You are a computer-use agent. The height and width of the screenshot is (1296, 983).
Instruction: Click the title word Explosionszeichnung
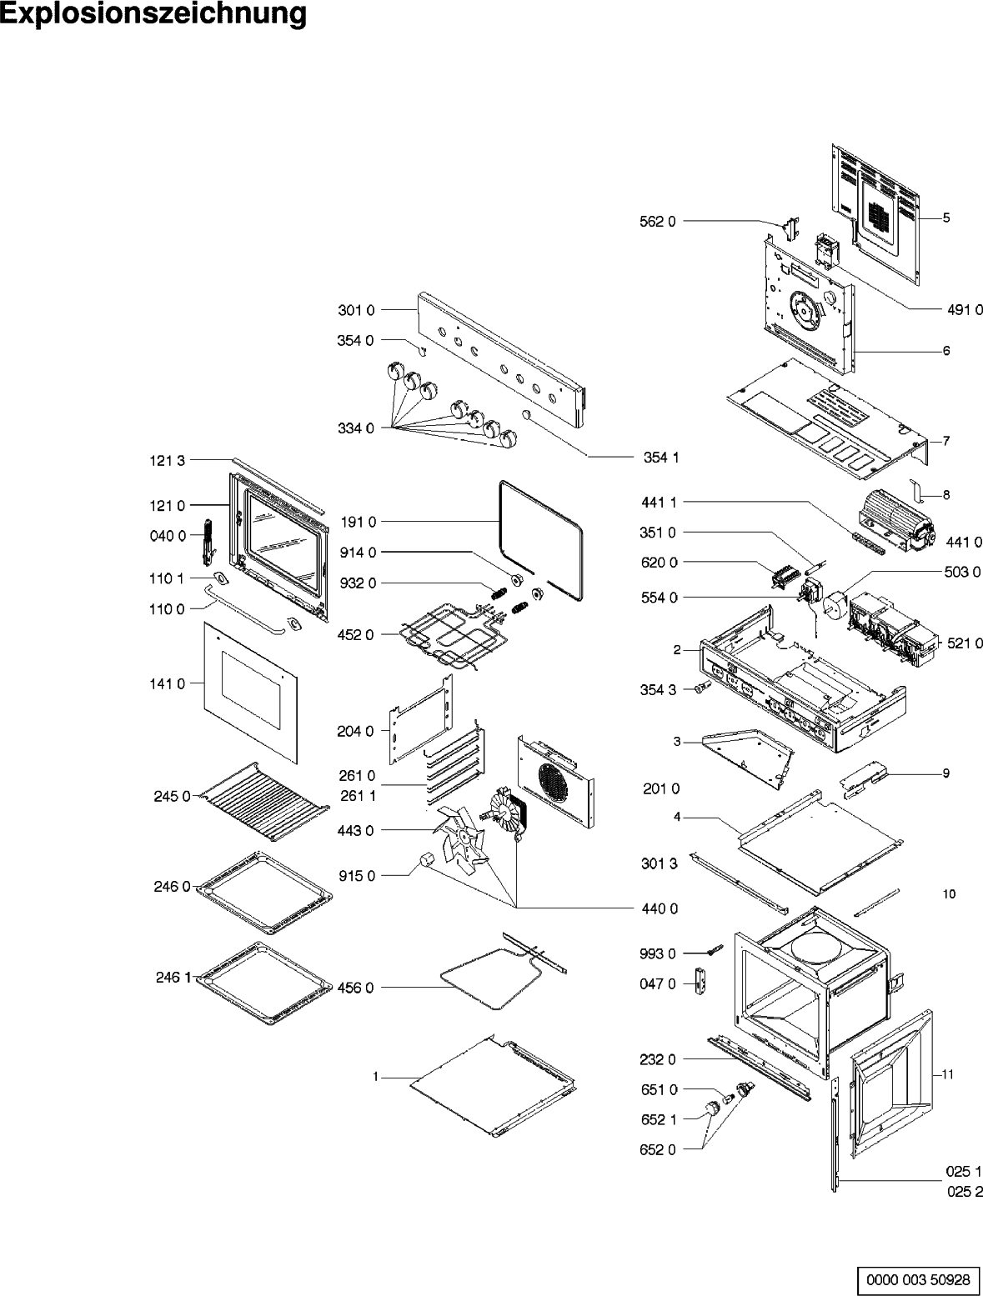[x=153, y=15]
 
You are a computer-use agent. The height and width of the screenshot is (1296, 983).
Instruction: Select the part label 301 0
[x=356, y=310]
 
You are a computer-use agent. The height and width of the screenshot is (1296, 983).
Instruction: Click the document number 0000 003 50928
[x=917, y=1278]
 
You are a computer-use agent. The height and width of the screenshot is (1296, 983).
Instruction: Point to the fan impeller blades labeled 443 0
[x=459, y=838]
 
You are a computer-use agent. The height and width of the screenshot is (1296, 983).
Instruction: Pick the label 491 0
[x=965, y=309]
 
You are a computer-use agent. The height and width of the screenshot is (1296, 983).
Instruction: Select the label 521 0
[x=965, y=643]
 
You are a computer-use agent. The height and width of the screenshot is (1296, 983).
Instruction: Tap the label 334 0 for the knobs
[x=356, y=428]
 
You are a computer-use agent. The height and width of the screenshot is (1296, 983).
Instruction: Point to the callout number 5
[x=946, y=218]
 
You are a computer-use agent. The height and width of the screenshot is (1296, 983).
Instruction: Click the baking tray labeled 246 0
[x=263, y=892]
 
